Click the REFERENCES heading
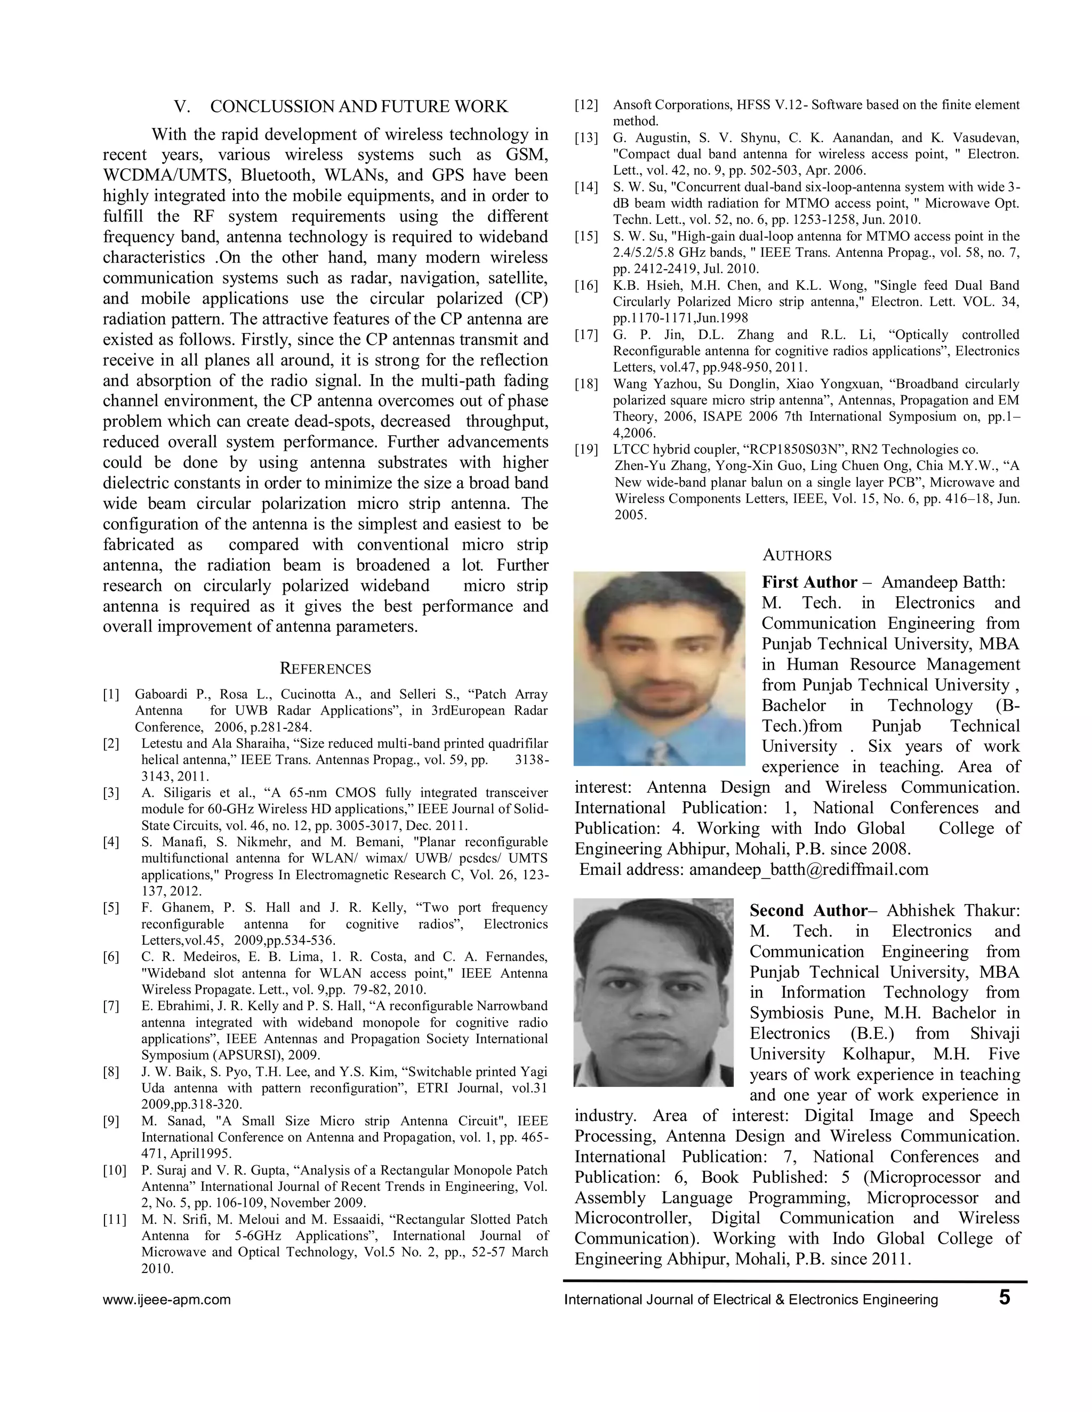(x=325, y=669)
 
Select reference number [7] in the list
(x=111, y=1006)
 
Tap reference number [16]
(x=586, y=286)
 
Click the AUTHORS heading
(x=797, y=555)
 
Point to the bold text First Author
(x=809, y=582)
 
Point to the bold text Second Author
(x=808, y=911)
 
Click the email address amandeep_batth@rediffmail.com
(x=809, y=870)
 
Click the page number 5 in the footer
(x=1004, y=1297)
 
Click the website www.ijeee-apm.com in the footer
(x=167, y=1300)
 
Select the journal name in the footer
(x=750, y=1300)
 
